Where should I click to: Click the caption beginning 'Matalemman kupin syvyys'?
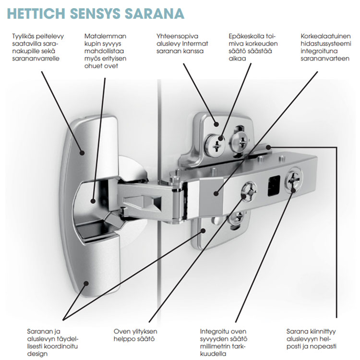click(106, 50)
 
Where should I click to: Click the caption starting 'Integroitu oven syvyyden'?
click(223, 342)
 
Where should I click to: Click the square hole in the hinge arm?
click(273, 185)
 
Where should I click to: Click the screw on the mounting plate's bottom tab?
click(236, 219)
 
